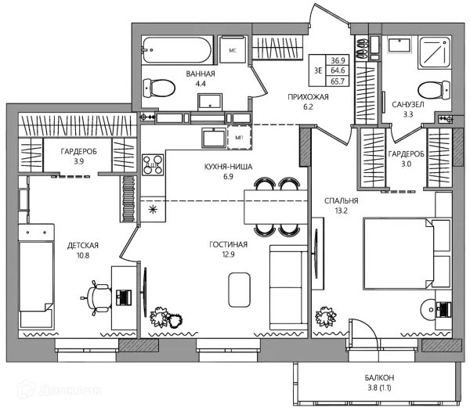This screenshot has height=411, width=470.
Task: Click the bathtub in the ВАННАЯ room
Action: (177, 50)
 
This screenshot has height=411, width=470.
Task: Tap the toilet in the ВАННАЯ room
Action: (159, 88)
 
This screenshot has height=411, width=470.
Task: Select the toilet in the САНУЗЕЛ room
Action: (434, 89)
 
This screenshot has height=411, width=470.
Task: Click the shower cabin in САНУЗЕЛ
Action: (434, 52)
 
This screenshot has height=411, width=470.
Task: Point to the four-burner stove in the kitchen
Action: (153, 164)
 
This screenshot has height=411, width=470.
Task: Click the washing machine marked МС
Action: (233, 50)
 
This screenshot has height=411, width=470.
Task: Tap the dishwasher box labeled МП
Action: (239, 137)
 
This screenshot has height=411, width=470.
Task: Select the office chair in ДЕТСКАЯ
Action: (97, 297)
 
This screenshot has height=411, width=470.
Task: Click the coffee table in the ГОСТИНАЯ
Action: (239, 290)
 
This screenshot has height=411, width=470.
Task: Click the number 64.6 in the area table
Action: (338, 70)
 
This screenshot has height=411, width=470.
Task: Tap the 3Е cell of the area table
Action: (318, 70)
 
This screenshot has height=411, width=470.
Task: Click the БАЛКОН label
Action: (379, 377)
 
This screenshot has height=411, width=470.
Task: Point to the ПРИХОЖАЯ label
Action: (308, 97)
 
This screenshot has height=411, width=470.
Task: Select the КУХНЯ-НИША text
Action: (228, 167)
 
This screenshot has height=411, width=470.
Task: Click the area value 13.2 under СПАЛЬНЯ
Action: (341, 211)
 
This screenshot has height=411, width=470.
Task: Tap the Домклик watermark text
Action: (70, 391)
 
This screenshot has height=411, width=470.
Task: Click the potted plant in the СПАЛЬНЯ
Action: (326, 317)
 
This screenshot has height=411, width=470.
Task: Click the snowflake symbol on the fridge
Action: (153, 209)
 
